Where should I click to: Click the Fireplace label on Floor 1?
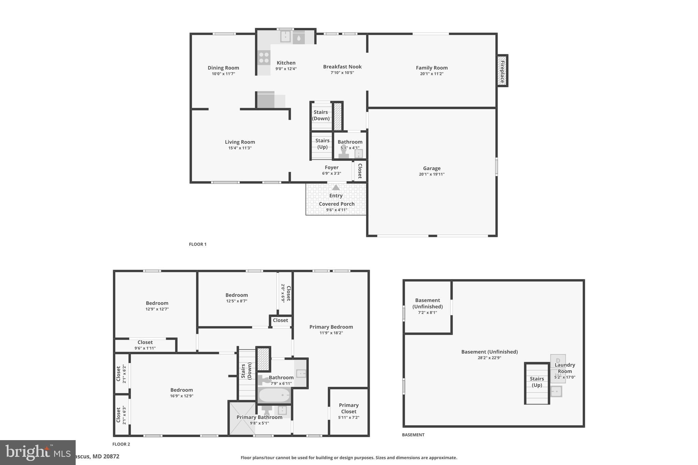pos(502,71)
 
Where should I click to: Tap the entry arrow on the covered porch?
pos(336,188)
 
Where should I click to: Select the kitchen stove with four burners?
pos(264,58)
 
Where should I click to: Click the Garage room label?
pos(431,168)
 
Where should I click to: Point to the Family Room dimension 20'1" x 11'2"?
pos(431,74)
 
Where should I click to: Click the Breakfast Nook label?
pos(342,67)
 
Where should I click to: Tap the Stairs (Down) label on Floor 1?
pos(321,115)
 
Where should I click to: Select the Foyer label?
pos(331,168)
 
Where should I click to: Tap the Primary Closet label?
pos(349,408)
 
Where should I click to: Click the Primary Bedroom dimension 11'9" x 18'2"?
pos(331,333)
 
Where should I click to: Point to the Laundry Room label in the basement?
pos(565,368)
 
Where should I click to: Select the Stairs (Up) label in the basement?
pos(537,382)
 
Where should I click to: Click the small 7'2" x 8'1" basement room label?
pos(427,313)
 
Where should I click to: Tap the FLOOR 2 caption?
pos(121,444)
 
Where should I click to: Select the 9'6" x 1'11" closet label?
pos(145,348)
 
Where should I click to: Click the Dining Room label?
pos(223,68)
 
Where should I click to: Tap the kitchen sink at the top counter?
pos(285,36)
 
